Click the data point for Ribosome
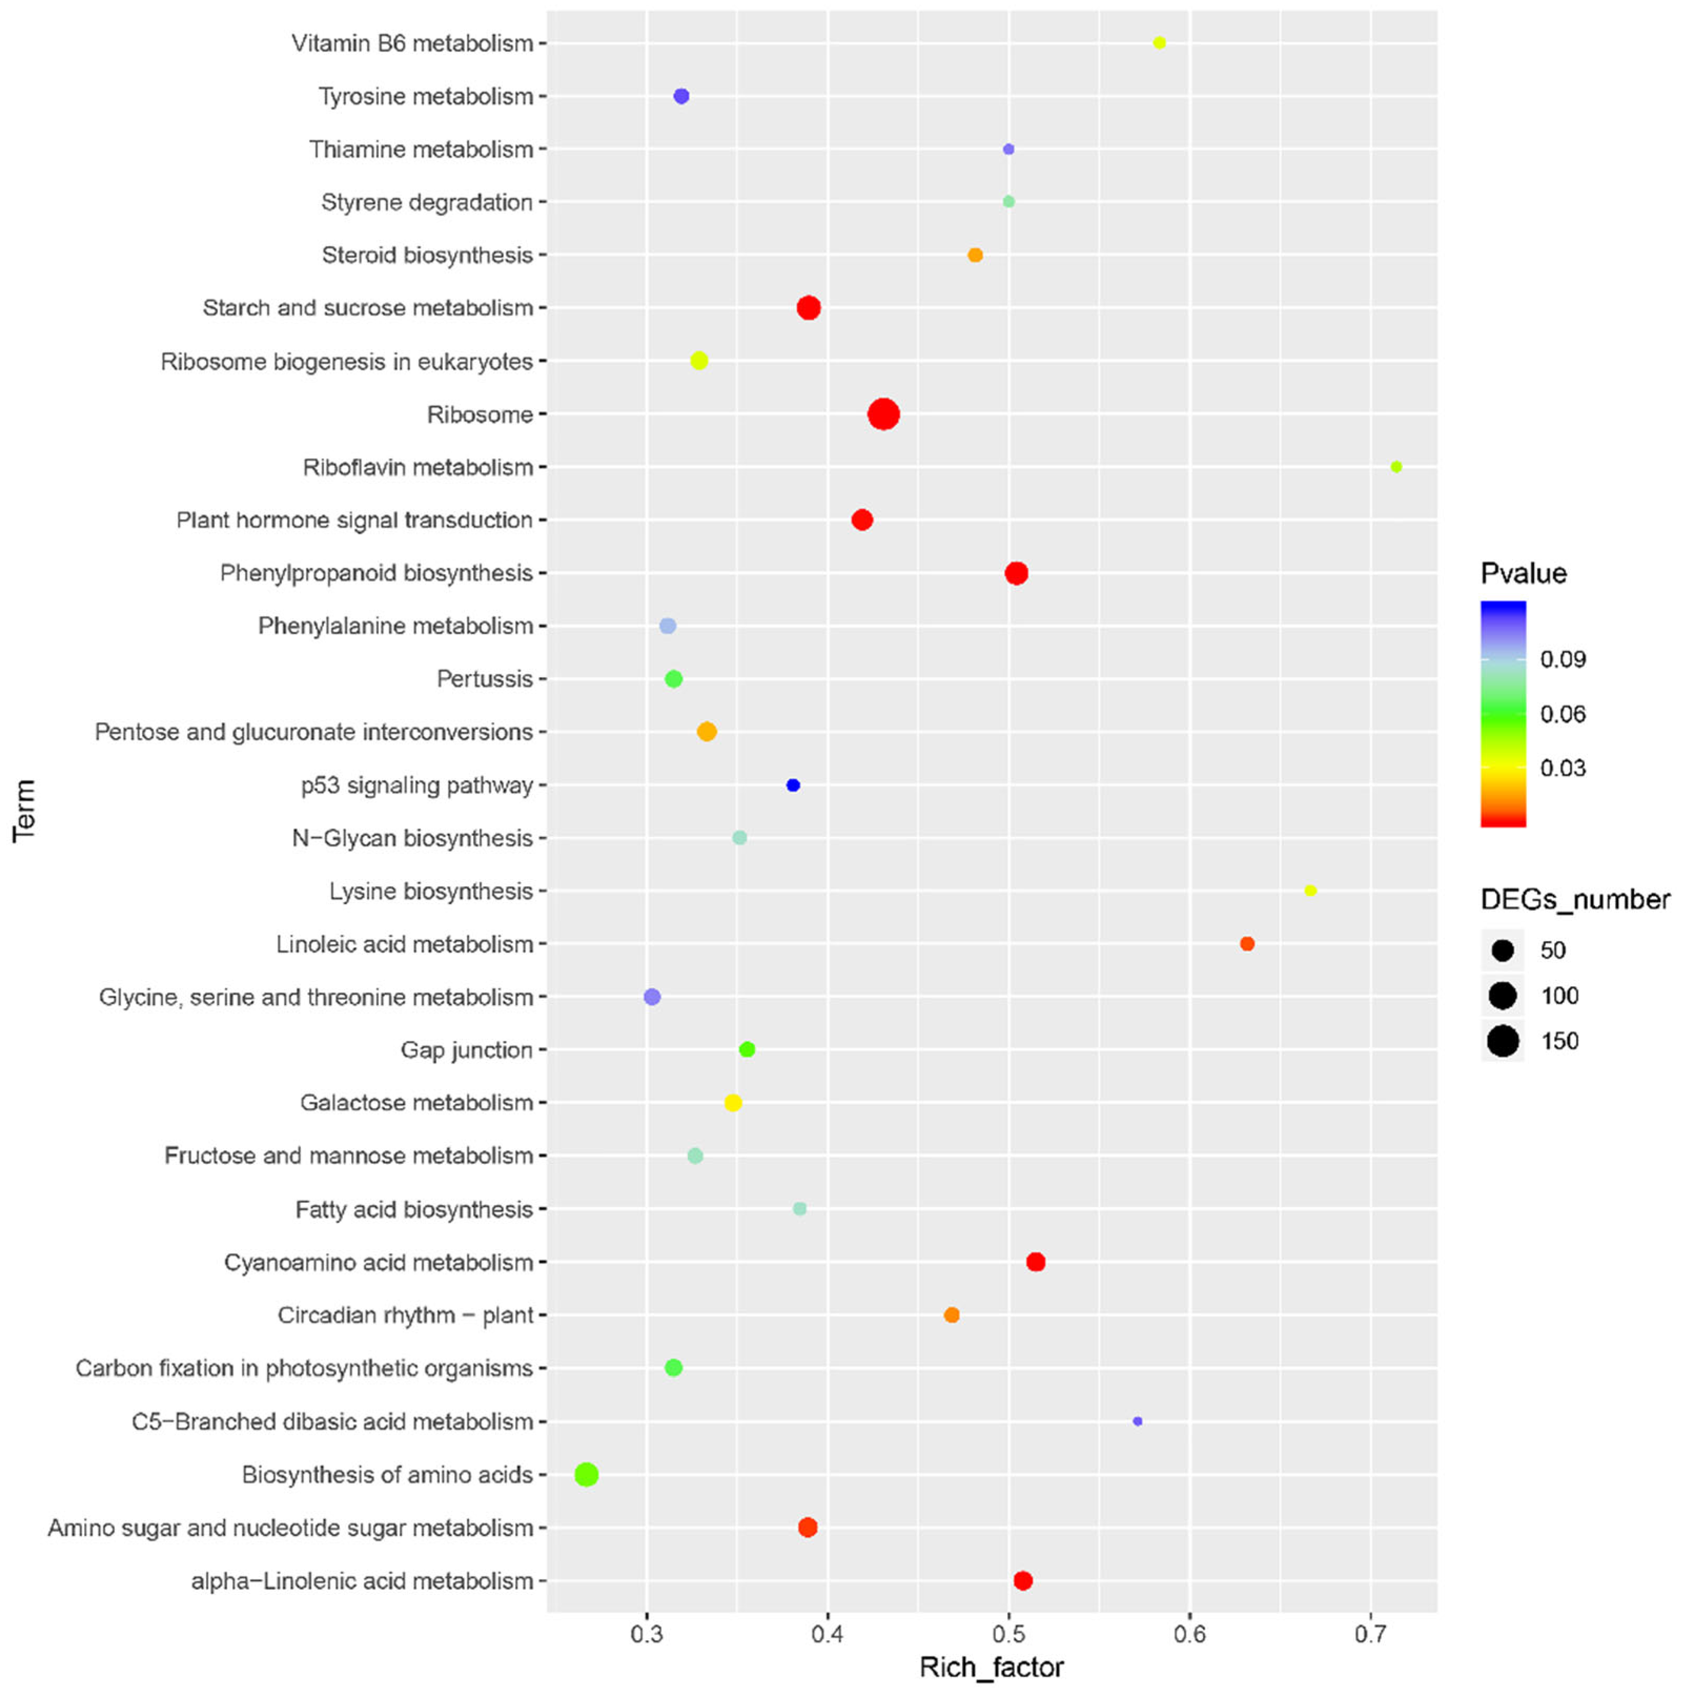tap(884, 414)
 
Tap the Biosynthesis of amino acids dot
tap(587, 1474)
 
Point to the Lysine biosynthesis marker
tap(1310, 890)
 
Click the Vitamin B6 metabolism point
tap(1159, 43)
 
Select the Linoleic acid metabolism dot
tap(1247, 943)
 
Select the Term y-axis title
tap(25, 810)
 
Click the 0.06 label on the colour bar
tap(1563, 713)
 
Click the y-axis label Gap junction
tap(466, 1050)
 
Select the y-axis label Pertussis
tap(485, 679)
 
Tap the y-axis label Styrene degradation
tap(427, 202)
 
